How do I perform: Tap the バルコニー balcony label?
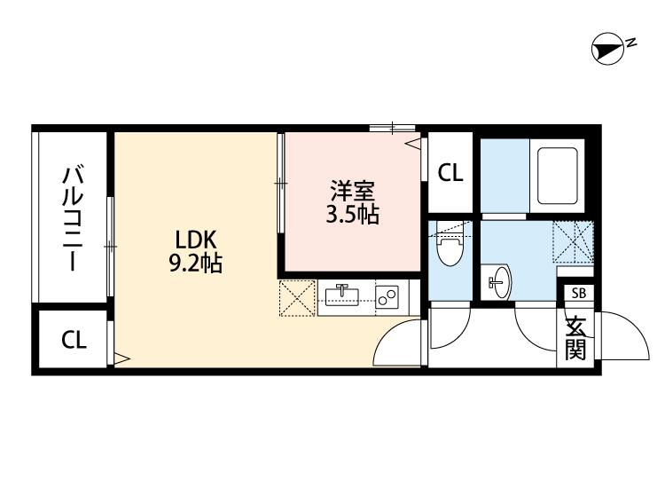(x=72, y=217)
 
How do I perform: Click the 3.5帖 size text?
(x=352, y=215)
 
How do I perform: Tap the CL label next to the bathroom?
(x=450, y=173)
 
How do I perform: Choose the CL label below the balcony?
(x=74, y=341)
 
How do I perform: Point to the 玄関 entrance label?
(x=577, y=338)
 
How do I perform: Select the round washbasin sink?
(x=498, y=282)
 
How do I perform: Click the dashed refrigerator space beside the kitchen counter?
(x=297, y=298)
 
